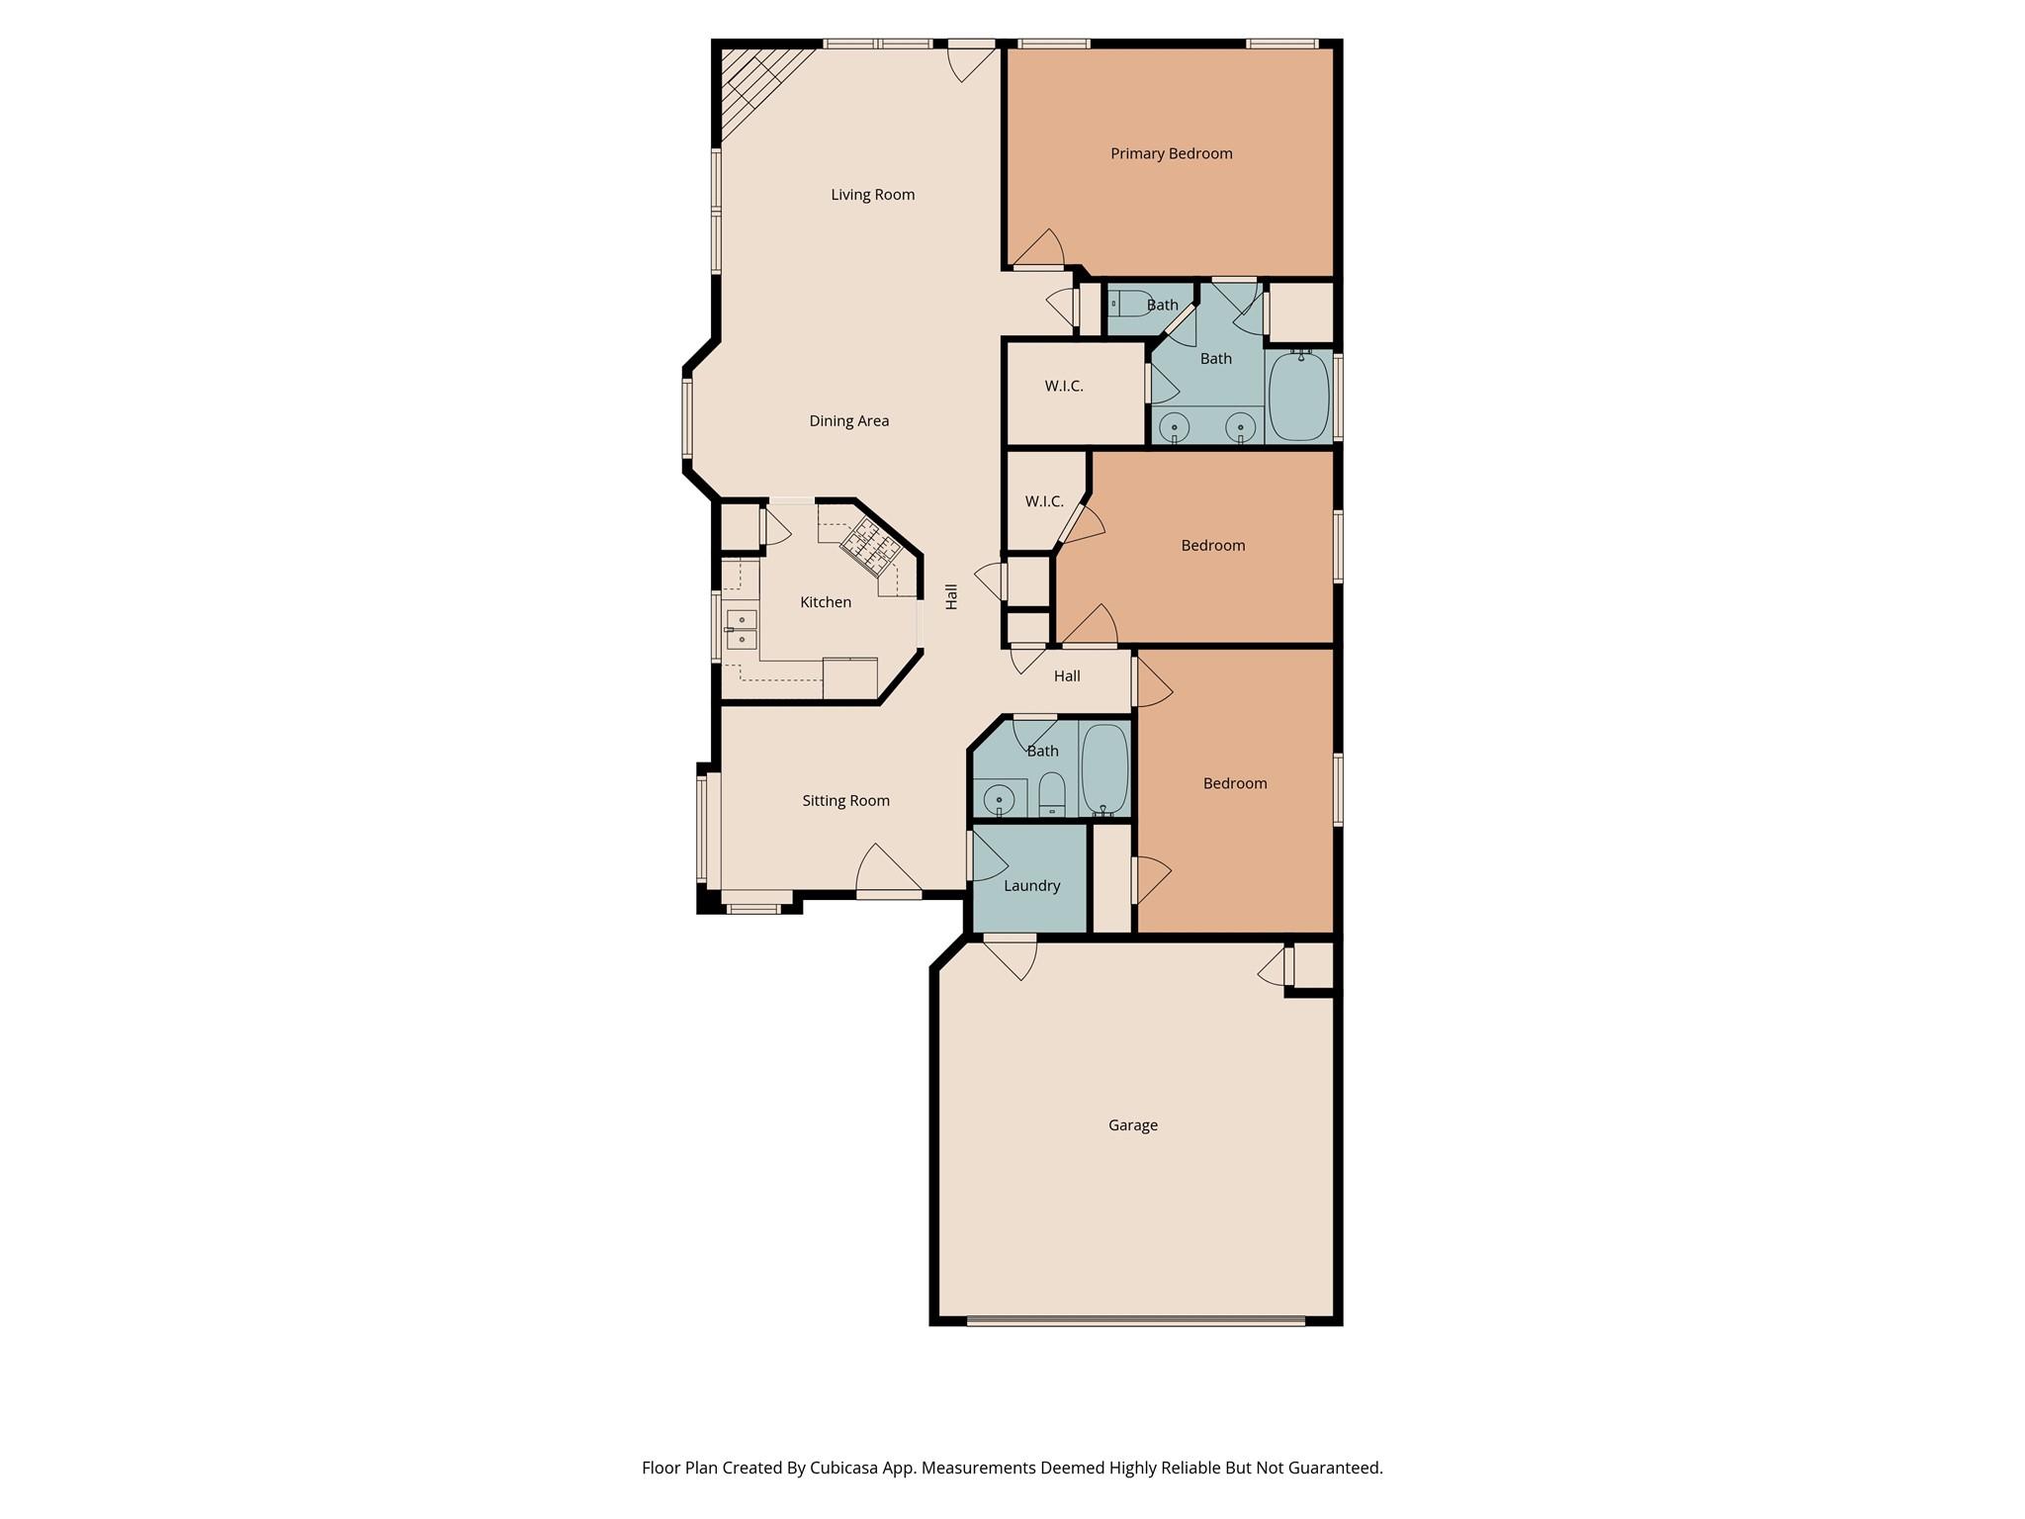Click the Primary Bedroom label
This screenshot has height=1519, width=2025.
pos(1171,153)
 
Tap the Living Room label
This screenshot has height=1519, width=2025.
pos(872,195)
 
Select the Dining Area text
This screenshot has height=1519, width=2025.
pos(848,421)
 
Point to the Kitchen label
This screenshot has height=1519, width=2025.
pos(825,602)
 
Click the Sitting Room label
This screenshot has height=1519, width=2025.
pos(845,801)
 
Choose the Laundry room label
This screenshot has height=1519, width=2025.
pos(1031,886)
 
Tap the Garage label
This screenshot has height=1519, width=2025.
pos(1132,1125)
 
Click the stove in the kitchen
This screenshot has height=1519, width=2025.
pos(868,546)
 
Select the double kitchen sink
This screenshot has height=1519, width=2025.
pos(742,629)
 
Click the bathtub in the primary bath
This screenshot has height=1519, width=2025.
pos(1299,396)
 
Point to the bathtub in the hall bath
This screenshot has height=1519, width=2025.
pos(1104,768)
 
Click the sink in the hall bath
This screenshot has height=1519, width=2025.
pos(1000,798)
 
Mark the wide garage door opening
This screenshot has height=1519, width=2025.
pos(1135,1320)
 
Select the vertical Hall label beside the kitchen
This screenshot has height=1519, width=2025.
pos(952,596)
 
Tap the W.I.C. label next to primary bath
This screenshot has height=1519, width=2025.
pos(1064,387)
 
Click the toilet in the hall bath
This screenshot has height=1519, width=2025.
pos(1051,792)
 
